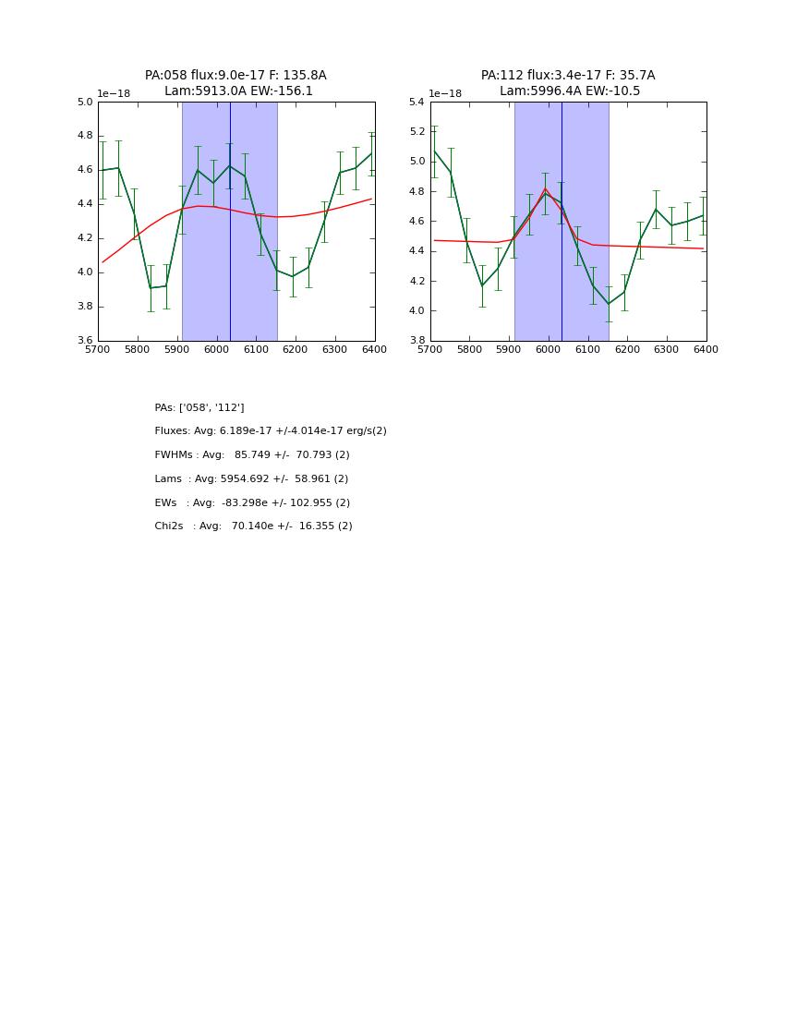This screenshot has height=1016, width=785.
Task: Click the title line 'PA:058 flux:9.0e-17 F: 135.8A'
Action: click(235, 76)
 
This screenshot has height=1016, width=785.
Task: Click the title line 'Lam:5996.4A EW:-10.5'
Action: click(569, 91)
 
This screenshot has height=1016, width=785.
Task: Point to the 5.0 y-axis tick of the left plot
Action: click(84, 103)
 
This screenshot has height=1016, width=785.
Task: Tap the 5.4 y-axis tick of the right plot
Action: click(417, 103)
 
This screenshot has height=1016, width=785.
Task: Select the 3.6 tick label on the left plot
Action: click(84, 341)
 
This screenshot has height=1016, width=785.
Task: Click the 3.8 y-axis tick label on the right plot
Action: click(417, 341)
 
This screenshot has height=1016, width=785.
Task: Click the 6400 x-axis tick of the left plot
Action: click(374, 350)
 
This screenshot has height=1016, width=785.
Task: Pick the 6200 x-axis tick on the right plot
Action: click(627, 350)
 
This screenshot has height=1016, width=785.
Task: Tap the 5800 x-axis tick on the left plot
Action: click(138, 350)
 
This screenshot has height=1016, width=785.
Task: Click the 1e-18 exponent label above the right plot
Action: click(445, 93)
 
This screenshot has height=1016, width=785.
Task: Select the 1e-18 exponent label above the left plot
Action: click(114, 93)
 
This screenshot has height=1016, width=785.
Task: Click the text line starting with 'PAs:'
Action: click(199, 408)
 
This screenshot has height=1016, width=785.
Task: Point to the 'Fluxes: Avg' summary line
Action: click(271, 431)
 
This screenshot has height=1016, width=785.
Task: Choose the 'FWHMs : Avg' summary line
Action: click(252, 455)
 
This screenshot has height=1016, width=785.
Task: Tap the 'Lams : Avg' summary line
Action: click(251, 479)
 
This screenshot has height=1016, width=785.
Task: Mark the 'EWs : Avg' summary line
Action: click(252, 503)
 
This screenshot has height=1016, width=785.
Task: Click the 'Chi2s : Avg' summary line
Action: click(253, 526)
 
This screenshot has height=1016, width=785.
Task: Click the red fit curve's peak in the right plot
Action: click(545, 188)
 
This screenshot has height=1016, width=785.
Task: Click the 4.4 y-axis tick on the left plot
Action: click(84, 204)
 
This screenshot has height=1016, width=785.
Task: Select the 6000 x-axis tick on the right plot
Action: click(549, 350)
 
